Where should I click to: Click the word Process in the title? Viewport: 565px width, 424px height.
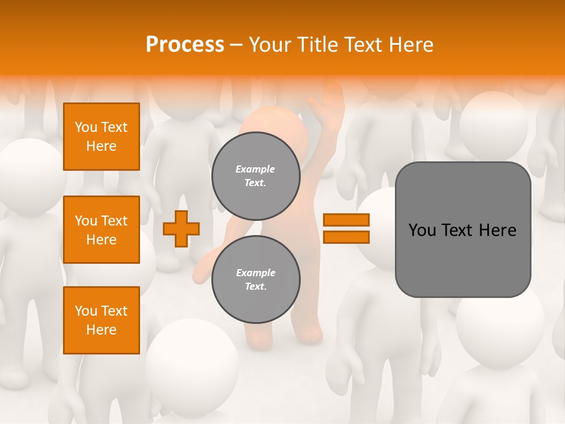point(185,45)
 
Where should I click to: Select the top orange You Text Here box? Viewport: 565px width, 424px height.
point(101,137)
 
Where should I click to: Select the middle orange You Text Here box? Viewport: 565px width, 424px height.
point(101,230)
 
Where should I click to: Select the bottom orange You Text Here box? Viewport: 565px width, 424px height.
point(101,320)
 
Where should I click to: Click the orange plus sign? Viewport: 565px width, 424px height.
point(181,228)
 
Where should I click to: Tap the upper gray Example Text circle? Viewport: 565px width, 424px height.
point(255,176)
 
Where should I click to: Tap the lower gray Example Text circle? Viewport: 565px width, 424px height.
point(255,280)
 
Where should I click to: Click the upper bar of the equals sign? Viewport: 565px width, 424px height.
point(346,220)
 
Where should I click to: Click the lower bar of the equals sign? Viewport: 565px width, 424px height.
point(346,237)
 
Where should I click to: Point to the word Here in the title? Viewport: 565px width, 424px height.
point(411,45)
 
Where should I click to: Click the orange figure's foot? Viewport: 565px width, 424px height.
point(308,336)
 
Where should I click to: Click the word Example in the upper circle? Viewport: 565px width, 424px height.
point(255,169)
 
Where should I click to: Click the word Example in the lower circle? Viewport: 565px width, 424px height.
point(255,273)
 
